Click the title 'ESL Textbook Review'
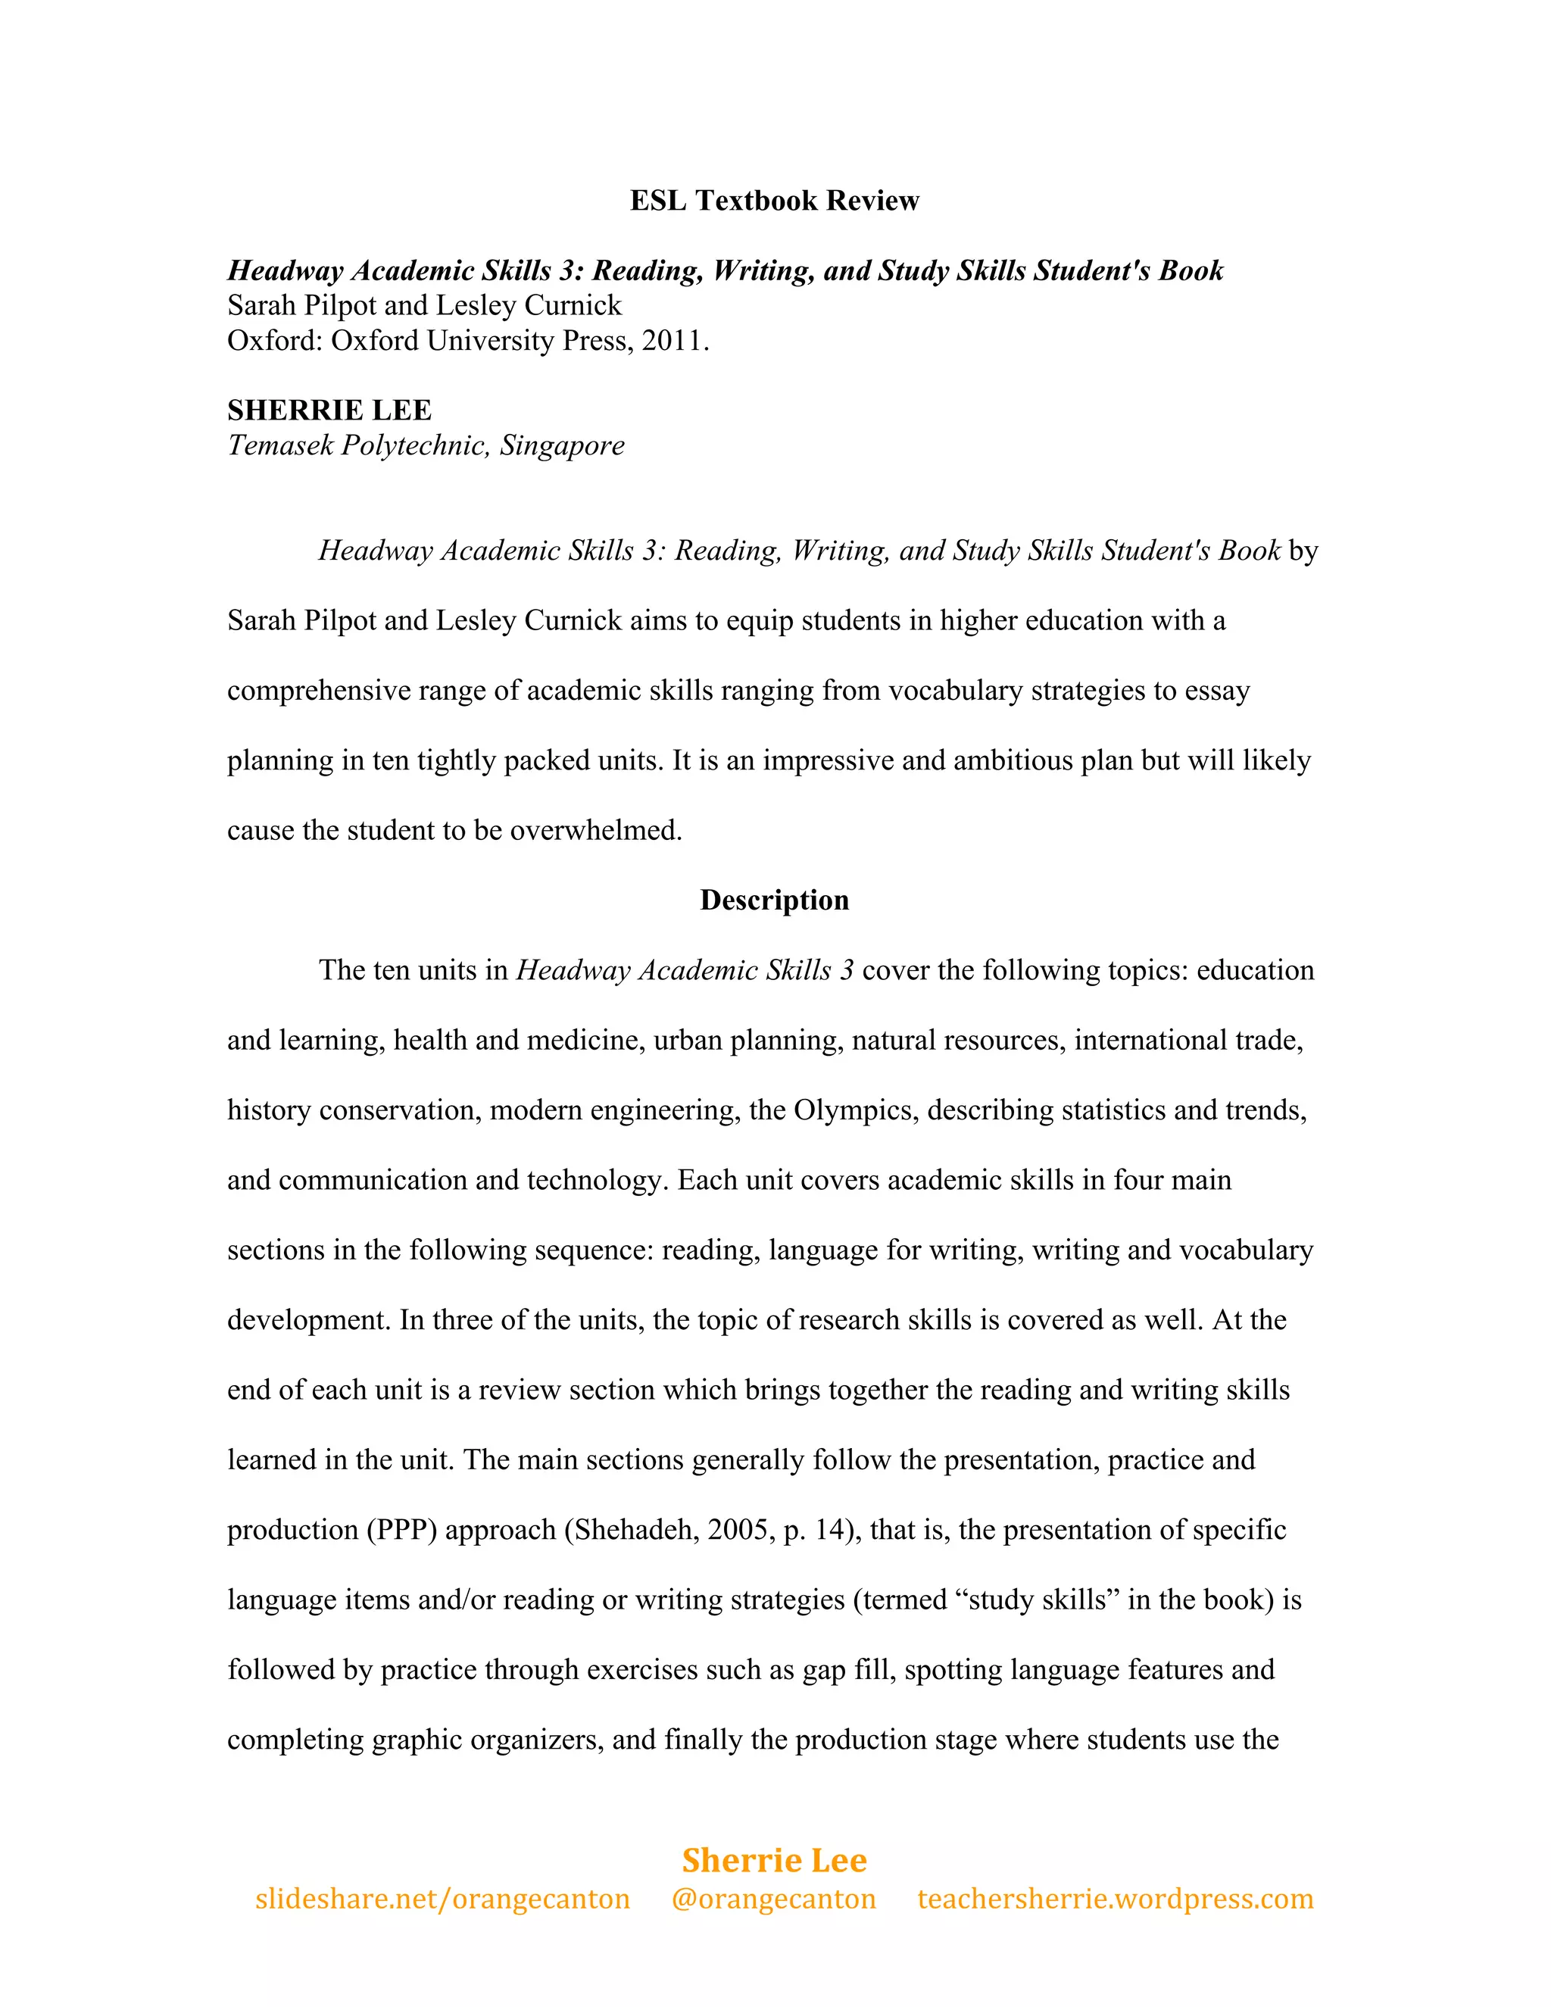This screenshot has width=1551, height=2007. pyautogui.click(x=774, y=201)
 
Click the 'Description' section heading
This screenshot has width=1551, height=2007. pyautogui.click(x=774, y=900)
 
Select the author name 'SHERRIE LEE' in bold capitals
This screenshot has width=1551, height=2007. pyautogui.click(x=329, y=410)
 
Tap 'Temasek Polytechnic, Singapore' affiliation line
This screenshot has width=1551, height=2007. pyautogui.click(x=426, y=445)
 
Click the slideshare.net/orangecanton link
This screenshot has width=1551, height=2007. pyautogui.click(x=442, y=1899)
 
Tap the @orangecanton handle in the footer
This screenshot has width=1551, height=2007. pyautogui.click(x=774, y=1899)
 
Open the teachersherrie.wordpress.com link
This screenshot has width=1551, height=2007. pyautogui.click(x=1115, y=1899)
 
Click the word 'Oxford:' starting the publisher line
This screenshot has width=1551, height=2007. pyautogui.click(x=275, y=341)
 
